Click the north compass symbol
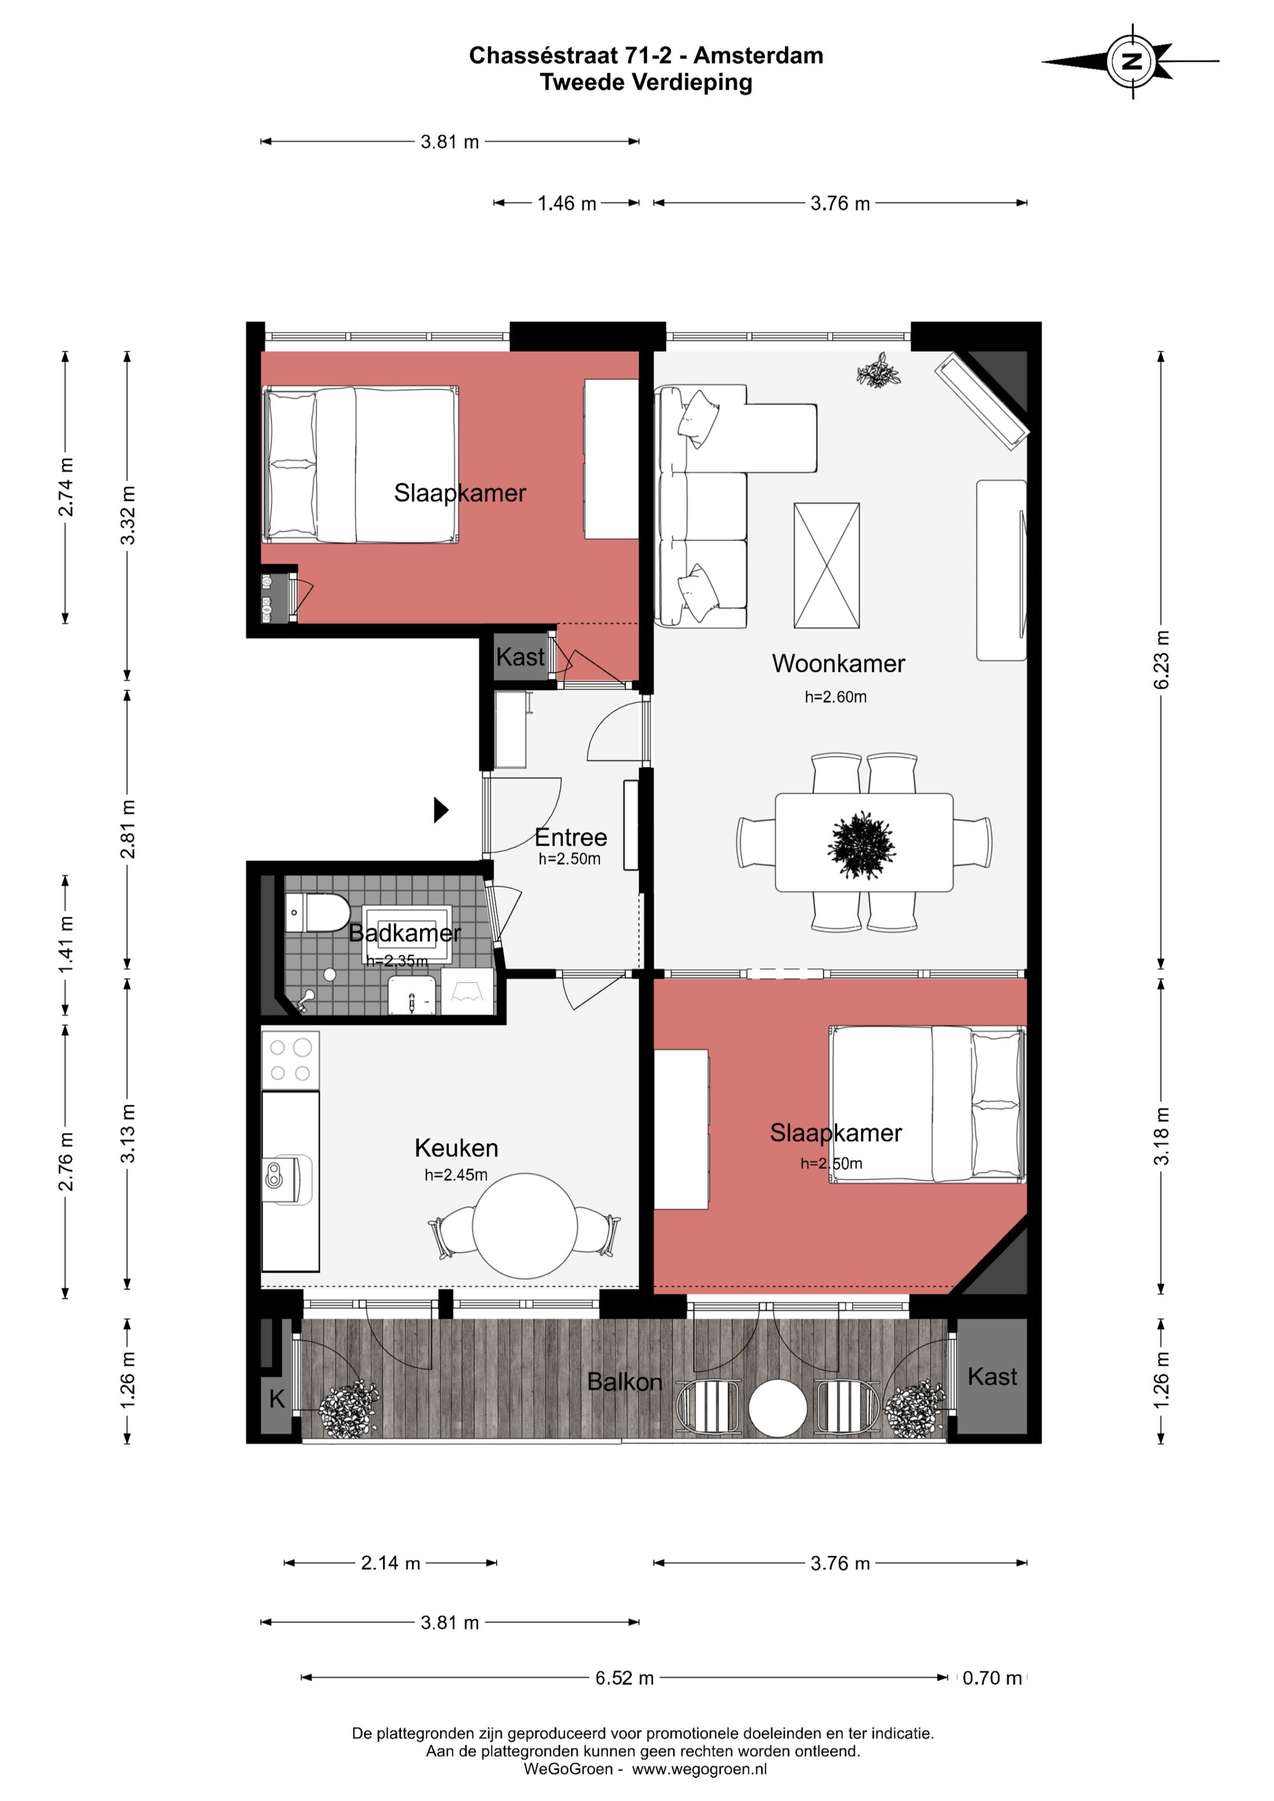point(1131,61)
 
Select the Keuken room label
point(456,1149)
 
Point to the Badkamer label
point(404,933)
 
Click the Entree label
point(570,837)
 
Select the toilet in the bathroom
point(317,912)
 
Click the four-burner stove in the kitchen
point(290,1059)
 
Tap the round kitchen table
point(525,1225)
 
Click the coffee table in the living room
point(826,566)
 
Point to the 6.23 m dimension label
point(1161,660)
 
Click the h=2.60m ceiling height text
point(836,697)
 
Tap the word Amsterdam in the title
point(758,55)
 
